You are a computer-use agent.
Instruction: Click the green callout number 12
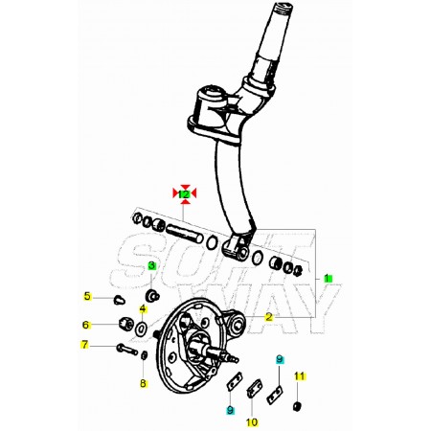pyautogui.click(x=184, y=193)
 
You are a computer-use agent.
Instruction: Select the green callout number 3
pyautogui.click(x=151, y=265)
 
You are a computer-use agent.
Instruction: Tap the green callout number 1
pyautogui.click(x=327, y=278)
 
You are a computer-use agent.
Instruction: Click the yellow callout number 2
pyautogui.click(x=269, y=317)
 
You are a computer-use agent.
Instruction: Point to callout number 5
pyautogui.click(x=87, y=296)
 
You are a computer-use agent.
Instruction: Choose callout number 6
pyautogui.click(x=85, y=325)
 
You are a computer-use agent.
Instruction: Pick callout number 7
pyautogui.click(x=84, y=345)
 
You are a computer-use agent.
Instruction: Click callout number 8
pyautogui.click(x=143, y=383)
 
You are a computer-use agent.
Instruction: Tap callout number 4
pyautogui.click(x=143, y=309)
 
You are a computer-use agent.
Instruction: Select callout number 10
pyautogui.click(x=252, y=422)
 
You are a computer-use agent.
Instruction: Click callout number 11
pyautogui.click(x=300, y=376)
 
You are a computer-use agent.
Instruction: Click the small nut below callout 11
pyautogui.click(x=297, y=406)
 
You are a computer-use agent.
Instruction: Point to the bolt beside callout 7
pyautogui.click(x=127, y=350)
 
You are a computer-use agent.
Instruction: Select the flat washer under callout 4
pyautogui.click(x=141, y=329)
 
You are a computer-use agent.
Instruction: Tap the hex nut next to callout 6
pyautogui.click(x=125, y=324)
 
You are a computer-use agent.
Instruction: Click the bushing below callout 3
pyautogui.click(x=152, y=295)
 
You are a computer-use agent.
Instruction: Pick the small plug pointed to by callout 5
pyautogui.click(x=120, y=300)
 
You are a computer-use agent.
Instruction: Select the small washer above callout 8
pyautogui.click(x=144, y=354)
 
